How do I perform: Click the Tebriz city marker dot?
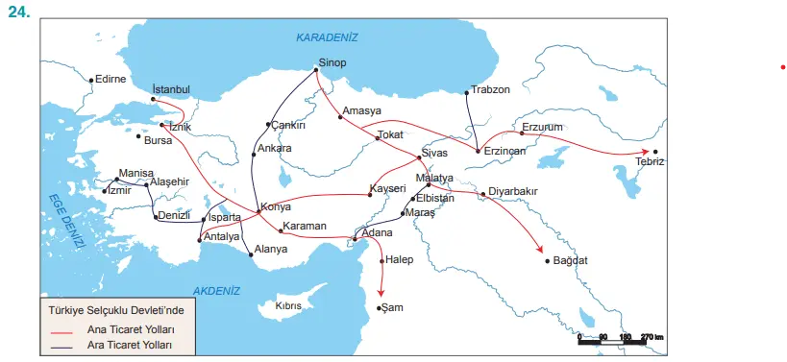(655, 152)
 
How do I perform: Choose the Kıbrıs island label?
(289, 306)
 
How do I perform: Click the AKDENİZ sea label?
(216, 290)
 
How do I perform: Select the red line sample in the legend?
(59, 328)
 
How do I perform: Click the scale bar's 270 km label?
(652, 337)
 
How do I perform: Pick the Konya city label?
(276, 208)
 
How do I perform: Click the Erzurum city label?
(541, 127)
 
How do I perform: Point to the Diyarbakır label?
(514, 191)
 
